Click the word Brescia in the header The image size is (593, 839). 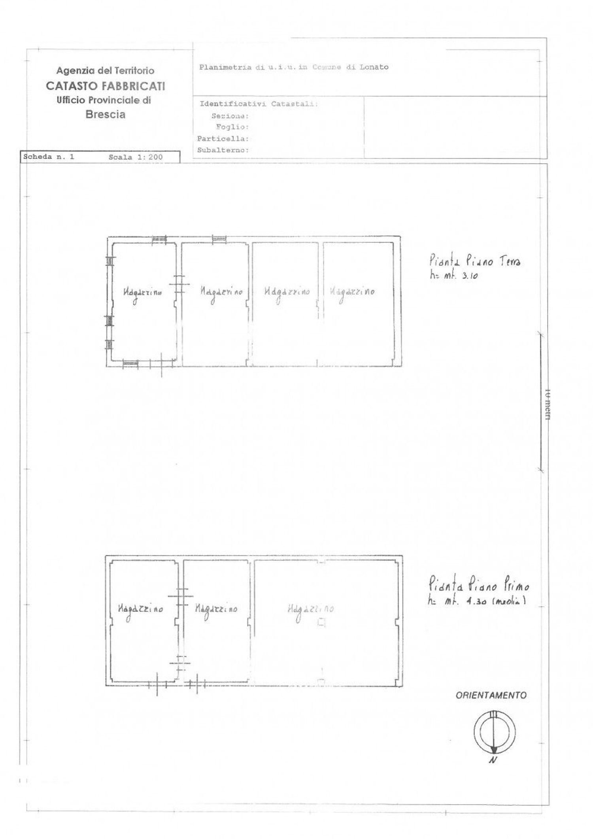(105, 115)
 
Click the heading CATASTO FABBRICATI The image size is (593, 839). (105, 86)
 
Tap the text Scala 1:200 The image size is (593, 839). (136, 157)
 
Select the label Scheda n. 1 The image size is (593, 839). (49, 157)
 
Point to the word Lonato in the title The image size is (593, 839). (374, 67)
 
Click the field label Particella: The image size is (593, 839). (223, 139)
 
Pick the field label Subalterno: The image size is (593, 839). (223, 150)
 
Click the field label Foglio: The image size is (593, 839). (232, 127)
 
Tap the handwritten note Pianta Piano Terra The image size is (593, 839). (474, 261)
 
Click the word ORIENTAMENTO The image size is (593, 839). (491, 695)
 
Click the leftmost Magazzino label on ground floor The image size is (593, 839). (142, 293)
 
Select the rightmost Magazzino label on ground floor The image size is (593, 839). (352, 292)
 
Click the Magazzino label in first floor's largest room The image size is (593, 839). (310, 609)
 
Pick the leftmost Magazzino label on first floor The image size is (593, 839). (140, 609)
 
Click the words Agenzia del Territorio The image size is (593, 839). (105, 71)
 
